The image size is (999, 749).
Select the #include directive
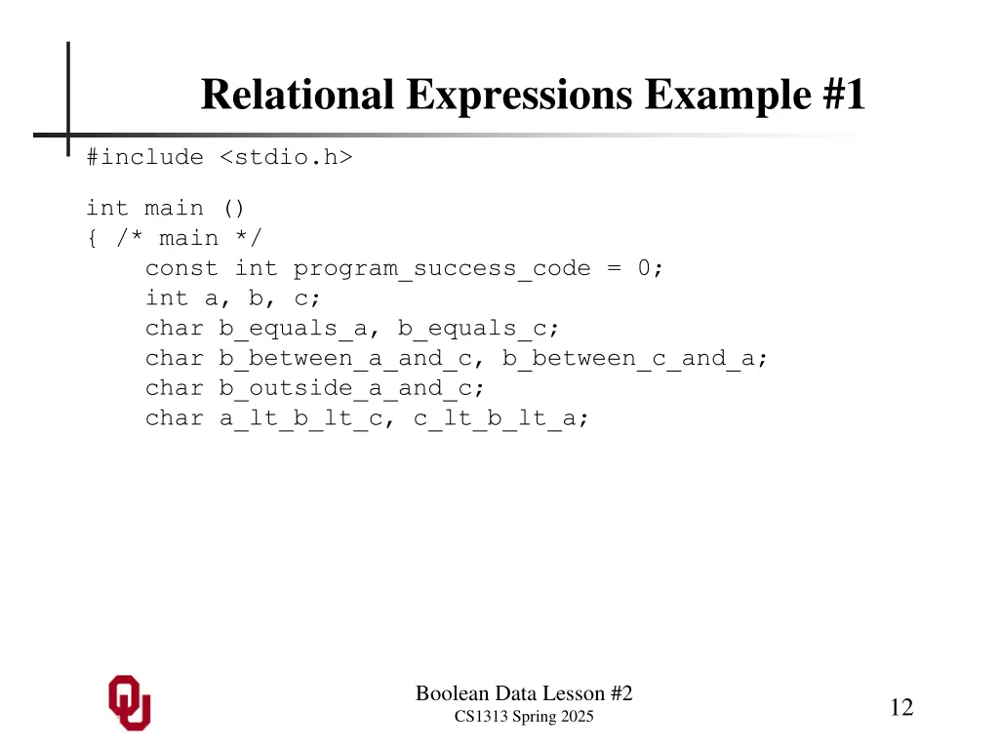click(144, 157)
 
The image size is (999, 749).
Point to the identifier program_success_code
click(442, 268)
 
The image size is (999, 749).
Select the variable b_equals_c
click(472, 329)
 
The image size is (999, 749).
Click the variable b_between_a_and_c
click(345, 359)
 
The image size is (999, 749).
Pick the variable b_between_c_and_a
click(628, 359)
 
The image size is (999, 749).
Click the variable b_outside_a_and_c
click(345, 388)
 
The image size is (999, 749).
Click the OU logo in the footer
click(130, 702)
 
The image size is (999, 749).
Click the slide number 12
click(901, 707)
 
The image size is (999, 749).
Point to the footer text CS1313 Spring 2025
click(524, 718)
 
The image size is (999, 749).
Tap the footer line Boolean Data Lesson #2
click(524, 693)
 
